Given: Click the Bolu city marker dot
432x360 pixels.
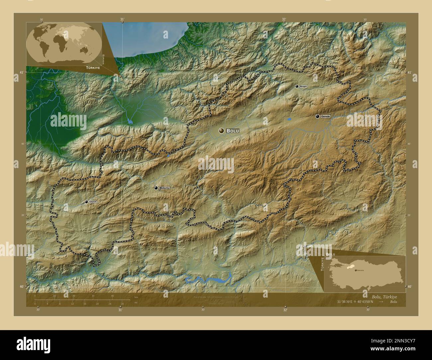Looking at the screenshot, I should pyautogui.click(x=221, y=131).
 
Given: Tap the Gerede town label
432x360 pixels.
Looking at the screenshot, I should pyautogui.click(x=325, y=116).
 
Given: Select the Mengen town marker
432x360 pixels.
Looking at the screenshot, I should pyautogui.click(x=297, y=86).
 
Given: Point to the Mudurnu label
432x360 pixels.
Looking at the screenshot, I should pyautogui.click(x=164, y=188).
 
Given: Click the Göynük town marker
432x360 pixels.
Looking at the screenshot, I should pyautogui.click(x=86, y=202).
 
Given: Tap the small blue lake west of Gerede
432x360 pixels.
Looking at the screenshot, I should pyautogui.click(x=289, y=119).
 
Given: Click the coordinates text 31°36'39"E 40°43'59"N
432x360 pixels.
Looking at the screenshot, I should pyautogui.click(x=355, y=302).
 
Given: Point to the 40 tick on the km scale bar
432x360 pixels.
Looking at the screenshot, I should pyautogui.click(x=113, y=296).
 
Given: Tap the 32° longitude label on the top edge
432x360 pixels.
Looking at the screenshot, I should pyautogui.click(x=284, y=19).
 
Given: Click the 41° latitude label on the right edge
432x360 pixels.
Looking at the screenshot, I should pyautogui.click(x=409, y=72).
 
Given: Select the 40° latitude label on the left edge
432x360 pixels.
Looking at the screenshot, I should pyautogui.click(x=22, y=287).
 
